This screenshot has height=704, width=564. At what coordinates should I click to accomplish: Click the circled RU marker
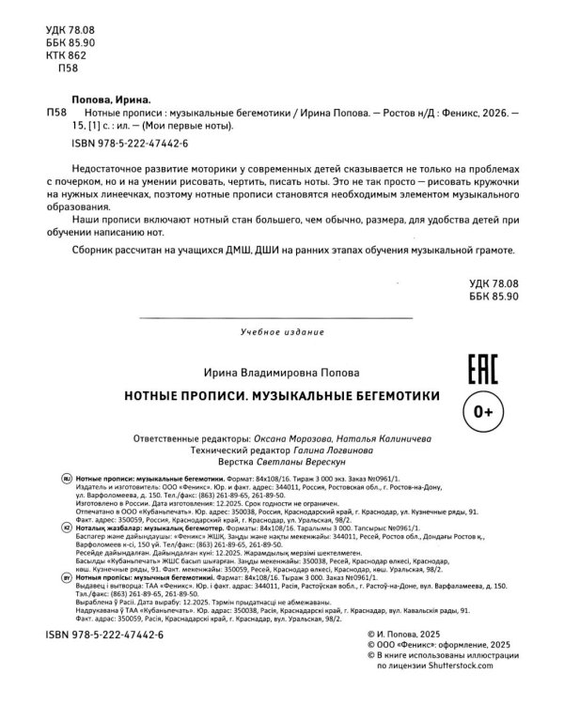pyautogui.click(x=66, y=479)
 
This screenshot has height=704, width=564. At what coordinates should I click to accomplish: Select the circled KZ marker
pyautogui.click(x=66, y=528)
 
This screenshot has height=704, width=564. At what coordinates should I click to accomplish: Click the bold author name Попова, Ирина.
pyautogui.click(x=110, y=97)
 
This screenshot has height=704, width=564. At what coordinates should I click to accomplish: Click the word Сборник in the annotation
pyautogui.click(x=93, y=254)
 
